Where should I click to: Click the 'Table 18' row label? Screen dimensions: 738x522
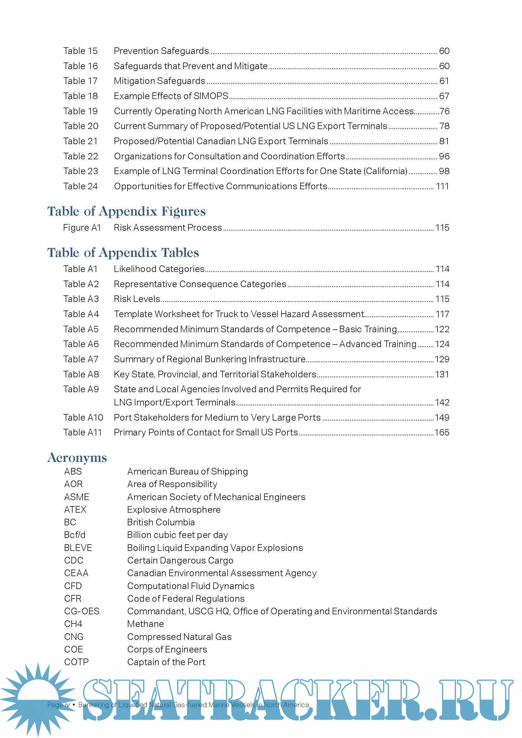pyautogui.click(x=80, y=96)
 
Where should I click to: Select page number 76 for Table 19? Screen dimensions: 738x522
pyautogui.click(x=444, y=111)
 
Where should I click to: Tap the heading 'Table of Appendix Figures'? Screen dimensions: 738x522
pyautogui.click(x=126, y=211)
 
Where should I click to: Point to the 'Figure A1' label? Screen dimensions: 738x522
pyautogui.click(x=82, y=228)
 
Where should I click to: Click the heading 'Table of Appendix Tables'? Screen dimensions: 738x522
pyautogui.click(x=123, y=253)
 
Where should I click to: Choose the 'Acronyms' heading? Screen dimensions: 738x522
pyautogui.click(x=77, y=458)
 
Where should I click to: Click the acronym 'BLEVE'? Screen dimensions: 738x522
pyautogui.click(x=78, y=548)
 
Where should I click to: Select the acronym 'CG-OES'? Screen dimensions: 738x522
pyautogui.click(x=82, y=611)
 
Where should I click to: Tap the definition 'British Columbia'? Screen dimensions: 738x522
pyautogui.click(x=161, y=522)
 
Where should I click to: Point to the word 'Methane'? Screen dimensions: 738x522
pyautogui.click(x=145, y=624)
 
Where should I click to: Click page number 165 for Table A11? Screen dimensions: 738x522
pyautogui.click(x=442, y=433)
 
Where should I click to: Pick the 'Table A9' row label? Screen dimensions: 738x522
pyautogui.click(x=81, y=389)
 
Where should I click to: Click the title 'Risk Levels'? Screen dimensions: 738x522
pyautogui.click(x=137, y=299)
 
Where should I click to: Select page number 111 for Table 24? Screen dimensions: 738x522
pyautogui.click(x=442, y=186)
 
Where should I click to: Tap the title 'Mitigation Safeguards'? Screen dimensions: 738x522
pyautogui.click(x=159, y=81)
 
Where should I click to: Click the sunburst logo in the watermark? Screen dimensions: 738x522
pyautogui.click(x=38, y=699)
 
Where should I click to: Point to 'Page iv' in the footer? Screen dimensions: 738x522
pyautogui.click(x=58, y=705)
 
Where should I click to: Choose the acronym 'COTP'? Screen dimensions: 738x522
pyautogui.click(x=76, y=662)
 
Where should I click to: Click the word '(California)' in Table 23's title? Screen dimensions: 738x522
pyautogui.click(x=386, y=171)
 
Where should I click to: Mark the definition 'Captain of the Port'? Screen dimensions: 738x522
pyautogui.click(x=166, y=662)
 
